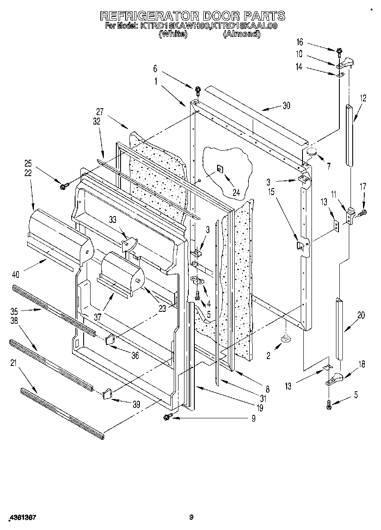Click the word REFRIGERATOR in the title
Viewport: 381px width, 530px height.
150,16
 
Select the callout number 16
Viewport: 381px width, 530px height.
299,42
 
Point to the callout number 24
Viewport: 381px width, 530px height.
236,181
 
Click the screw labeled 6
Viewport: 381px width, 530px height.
198,90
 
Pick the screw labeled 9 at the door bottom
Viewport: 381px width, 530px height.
167,416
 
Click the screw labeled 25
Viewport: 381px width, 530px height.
65,186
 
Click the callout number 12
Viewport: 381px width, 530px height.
363,98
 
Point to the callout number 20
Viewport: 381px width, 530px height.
361,315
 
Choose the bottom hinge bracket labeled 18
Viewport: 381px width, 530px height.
336,379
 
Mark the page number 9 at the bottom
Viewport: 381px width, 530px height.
191,518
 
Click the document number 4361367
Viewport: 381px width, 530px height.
21,518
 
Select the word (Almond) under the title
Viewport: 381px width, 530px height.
242,34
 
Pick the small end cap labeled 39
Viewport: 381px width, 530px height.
107,393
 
